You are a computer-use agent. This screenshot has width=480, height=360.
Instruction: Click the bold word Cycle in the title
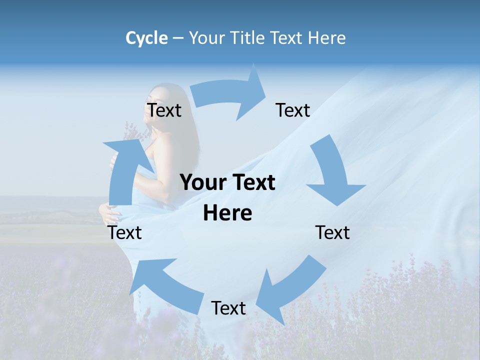pos(146,38)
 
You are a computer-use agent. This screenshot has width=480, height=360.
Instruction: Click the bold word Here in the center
pos(227,213)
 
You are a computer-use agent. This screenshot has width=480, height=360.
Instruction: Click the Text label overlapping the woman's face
pos(164,110)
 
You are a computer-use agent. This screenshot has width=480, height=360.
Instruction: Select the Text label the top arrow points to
pos(293,110)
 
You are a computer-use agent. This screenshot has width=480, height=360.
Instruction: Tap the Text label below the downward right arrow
pos(333,232)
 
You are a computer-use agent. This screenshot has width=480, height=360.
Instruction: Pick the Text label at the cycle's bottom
pos(228,308)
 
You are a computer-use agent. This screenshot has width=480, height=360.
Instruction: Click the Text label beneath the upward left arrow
pos(125,232)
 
